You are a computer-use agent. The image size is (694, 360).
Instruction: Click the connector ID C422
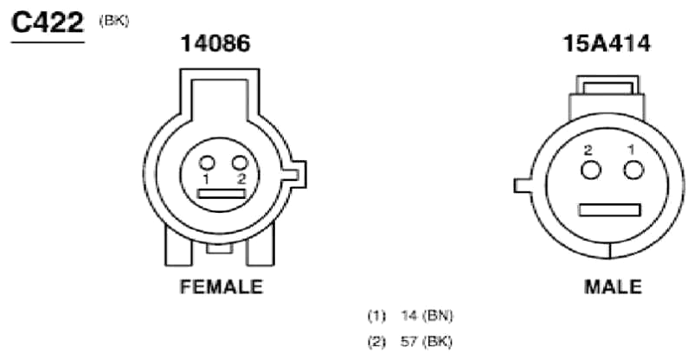48,22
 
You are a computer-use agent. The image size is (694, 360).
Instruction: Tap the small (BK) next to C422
114,21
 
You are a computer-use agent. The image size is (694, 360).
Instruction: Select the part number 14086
215,43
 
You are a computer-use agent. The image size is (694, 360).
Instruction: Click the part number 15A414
607,43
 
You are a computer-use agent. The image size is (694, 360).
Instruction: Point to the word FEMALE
222,286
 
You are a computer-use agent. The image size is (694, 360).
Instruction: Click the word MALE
613,287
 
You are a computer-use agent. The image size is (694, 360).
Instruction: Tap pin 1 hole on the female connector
207,164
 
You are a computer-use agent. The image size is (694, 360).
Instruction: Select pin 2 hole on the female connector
240,163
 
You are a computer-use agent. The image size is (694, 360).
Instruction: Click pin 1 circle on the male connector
633,170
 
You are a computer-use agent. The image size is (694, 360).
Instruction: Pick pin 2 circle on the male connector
591,170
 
